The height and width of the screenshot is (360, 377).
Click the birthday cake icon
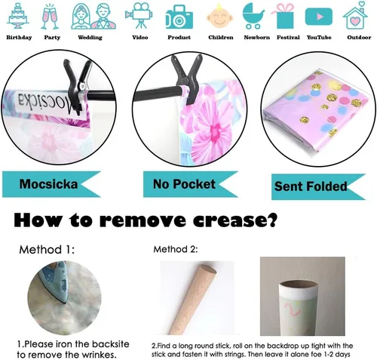17,16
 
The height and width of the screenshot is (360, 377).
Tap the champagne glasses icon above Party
51,17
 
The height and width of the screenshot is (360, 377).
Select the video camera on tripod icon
139,16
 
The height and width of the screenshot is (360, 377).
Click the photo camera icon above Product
179,17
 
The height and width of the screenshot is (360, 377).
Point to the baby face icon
219,16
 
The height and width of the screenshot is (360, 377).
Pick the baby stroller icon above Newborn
253,16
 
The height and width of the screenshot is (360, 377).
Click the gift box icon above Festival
284,16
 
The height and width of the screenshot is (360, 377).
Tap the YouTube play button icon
319,17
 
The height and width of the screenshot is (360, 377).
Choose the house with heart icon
355,15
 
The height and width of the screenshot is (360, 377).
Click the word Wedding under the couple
90,38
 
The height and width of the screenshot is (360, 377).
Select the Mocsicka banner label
48,184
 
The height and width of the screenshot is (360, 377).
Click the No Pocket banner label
184,184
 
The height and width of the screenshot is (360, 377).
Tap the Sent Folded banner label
311,186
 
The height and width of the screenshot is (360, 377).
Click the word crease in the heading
234,220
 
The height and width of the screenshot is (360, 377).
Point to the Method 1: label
47,250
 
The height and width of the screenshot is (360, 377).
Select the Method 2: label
176,249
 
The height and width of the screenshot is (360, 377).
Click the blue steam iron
54,281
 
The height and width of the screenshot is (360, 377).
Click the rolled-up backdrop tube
298,308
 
